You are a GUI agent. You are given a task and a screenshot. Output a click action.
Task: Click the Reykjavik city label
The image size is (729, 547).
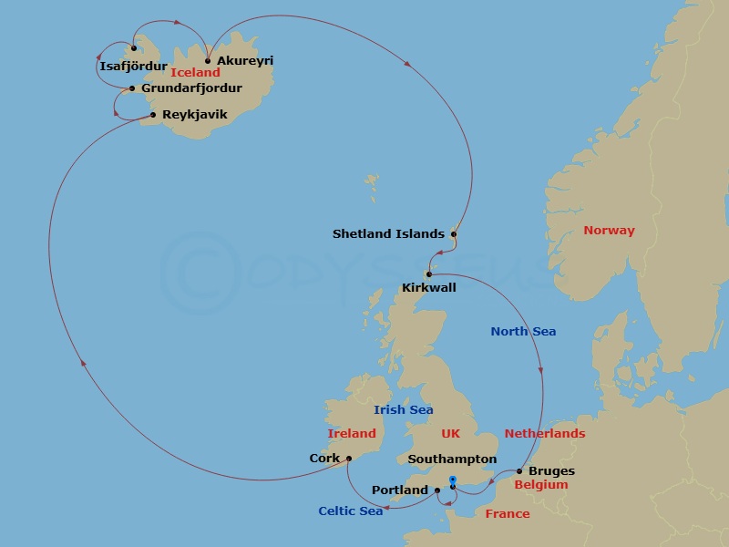194,115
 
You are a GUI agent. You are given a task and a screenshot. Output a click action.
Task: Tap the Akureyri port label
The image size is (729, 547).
245,61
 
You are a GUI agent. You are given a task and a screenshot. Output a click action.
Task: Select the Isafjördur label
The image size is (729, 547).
133,67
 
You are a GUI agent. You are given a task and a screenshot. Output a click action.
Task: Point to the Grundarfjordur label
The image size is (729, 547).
191,88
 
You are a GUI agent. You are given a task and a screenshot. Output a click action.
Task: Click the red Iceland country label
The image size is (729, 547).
195,73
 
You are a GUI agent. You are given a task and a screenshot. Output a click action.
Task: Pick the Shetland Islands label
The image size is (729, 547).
388,234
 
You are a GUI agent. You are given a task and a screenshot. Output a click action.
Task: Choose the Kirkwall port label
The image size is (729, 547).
429,288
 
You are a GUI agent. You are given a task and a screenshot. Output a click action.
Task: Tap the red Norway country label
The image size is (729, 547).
609,231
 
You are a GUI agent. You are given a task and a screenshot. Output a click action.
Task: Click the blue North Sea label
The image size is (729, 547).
523,332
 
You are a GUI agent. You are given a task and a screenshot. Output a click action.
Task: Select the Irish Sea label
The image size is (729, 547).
403,410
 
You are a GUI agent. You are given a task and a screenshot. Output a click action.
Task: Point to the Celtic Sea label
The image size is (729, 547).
350,511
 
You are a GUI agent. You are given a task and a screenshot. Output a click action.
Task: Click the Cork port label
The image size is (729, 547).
324,459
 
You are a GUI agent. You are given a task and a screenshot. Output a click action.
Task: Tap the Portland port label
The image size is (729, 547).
400,490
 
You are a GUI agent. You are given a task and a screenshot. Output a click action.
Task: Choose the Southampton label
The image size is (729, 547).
453,459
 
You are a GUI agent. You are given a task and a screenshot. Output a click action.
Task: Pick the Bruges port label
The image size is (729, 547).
552,472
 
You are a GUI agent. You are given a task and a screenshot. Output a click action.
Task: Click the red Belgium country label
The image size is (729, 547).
540,485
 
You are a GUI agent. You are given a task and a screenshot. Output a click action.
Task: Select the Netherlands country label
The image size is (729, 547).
544,434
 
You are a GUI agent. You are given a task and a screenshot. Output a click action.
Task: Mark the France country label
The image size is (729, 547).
508,514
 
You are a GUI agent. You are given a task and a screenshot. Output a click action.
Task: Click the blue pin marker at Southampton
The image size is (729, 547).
452,480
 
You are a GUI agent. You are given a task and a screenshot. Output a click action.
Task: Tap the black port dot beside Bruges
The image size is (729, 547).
519,471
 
